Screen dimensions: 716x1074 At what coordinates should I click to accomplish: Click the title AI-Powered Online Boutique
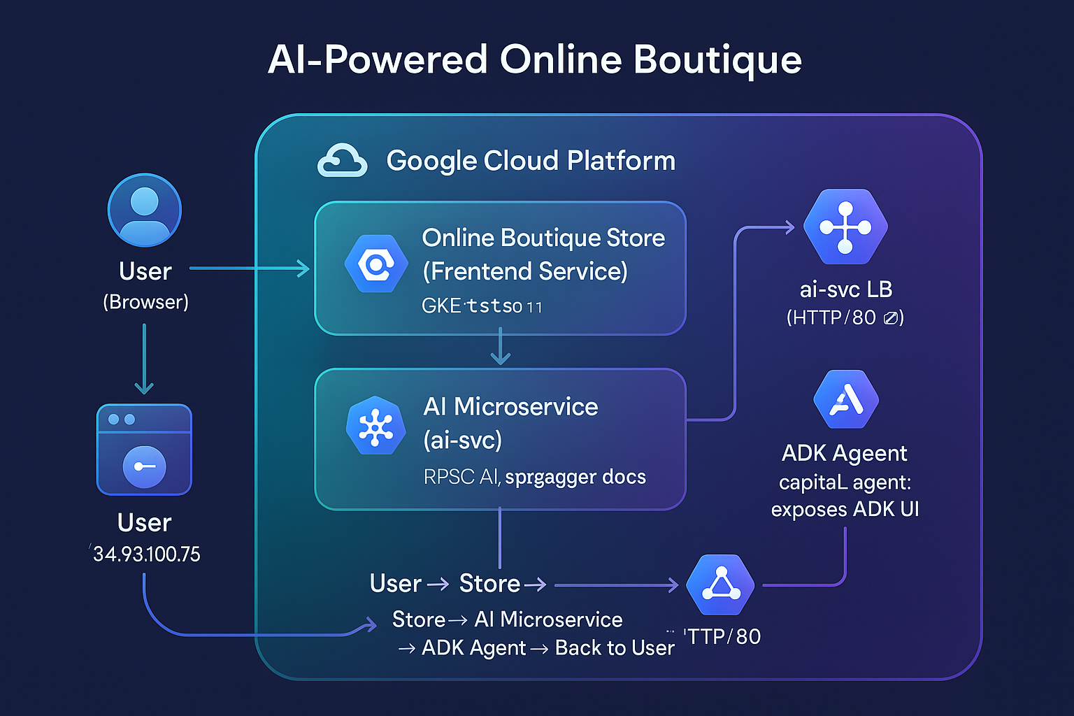(535, 60)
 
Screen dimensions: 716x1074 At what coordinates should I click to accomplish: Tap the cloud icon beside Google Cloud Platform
(342, 161)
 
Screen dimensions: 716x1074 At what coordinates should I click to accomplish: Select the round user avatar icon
(145, 210)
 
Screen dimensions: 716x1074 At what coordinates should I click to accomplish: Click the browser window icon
(144, 450)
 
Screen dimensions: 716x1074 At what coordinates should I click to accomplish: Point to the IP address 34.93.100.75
(146, 554)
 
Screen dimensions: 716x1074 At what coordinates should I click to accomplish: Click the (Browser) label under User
(145, 302)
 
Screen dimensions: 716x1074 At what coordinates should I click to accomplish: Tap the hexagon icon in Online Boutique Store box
(376, 264)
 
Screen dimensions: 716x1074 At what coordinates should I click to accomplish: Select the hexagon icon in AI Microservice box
(376, 426)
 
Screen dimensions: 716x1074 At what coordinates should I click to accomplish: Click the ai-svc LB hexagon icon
(845, 227)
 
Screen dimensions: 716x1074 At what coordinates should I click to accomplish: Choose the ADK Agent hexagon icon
(846, 399)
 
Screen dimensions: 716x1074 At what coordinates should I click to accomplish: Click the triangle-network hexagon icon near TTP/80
(720, 585)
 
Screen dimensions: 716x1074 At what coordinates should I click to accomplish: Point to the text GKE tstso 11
(482, 306)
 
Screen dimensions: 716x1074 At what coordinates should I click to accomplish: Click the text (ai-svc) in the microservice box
(463, 441)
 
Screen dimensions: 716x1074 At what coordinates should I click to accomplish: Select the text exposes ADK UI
(845, 509)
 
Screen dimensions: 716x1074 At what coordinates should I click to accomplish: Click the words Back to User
(615, 648)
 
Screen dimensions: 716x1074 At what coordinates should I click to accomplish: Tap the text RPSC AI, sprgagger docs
(534, 477)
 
